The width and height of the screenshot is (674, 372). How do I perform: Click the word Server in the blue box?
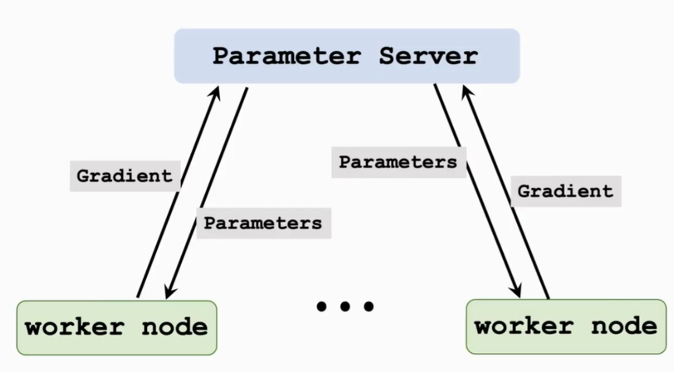point(428,57)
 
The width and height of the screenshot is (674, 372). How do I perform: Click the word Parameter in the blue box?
point(287,57)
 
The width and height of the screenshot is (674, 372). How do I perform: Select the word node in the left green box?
point(175,327)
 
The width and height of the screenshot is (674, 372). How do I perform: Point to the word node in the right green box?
point(624,326)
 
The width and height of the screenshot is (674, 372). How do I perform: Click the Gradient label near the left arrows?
point(125,176)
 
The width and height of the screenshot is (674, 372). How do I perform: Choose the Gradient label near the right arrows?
point(566,191)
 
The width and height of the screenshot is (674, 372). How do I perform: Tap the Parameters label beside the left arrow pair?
point(263,223)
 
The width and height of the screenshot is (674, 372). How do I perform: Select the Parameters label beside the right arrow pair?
point(398,162)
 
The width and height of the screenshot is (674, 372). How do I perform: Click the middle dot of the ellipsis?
point(345,307)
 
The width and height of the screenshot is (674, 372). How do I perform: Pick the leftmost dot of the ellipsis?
point(321,307)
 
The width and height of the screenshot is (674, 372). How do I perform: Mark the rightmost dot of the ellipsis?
point(369,307)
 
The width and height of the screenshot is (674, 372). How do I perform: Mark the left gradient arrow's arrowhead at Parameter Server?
point(216,92)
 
